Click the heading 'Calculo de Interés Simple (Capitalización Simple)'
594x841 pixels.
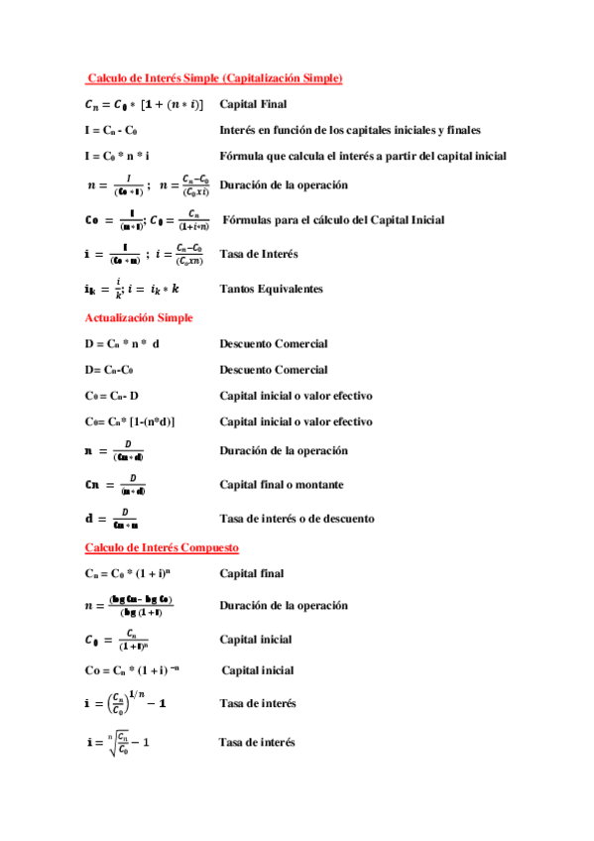coord(214,77)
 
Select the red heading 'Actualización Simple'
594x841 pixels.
coord(139,317)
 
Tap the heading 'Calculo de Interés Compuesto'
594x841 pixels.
coord(162,547)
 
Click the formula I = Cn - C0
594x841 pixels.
coord(111,130)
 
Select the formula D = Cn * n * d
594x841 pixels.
coord(123,344)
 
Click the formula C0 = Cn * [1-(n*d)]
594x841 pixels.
coord(130,421)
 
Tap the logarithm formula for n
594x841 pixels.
coord(136,605)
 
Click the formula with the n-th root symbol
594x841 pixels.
coord(118,742)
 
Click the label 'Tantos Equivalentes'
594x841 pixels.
coord(271,289)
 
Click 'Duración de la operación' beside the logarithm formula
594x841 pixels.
coord(284,605)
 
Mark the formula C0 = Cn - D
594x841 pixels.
coord(112,396)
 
